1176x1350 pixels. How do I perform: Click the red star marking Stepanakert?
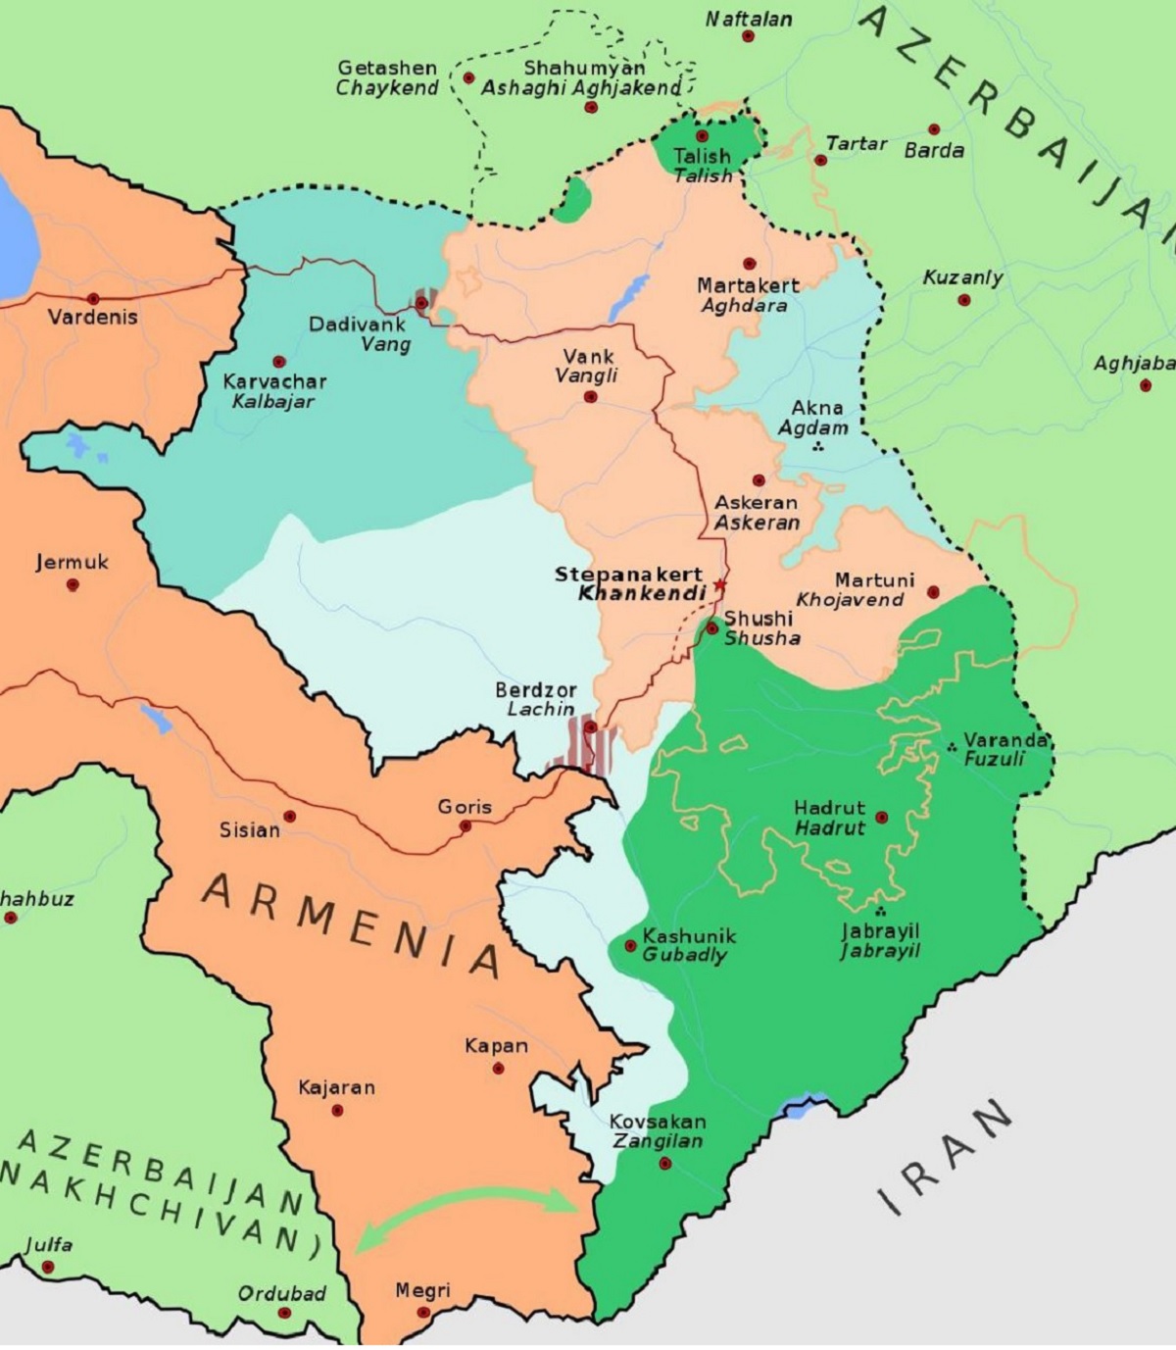pos(720,585)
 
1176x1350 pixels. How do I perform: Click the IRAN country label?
pos(945,1156)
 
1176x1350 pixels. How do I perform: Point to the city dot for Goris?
pos(465,826)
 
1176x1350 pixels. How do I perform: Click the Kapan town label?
pos(496,1046)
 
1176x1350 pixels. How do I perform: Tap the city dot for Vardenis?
pos(93,298)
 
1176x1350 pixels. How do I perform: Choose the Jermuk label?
pos(72,563)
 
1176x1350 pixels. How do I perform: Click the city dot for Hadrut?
pos(881,817)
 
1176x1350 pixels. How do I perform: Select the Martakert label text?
pos(748,285)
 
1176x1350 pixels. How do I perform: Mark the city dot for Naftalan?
pos(748,36)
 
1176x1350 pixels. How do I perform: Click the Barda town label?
pos(933,151)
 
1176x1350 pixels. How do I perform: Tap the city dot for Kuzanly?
pos(963,300)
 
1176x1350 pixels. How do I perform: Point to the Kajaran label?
pos(336,1087)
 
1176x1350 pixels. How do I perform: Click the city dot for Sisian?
pos(289,816)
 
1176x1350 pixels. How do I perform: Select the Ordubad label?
pos(281,1293)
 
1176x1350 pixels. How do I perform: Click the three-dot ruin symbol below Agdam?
pos(817,447)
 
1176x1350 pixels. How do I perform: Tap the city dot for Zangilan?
pos(665,1164)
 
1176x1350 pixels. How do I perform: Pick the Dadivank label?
pos(358,324)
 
